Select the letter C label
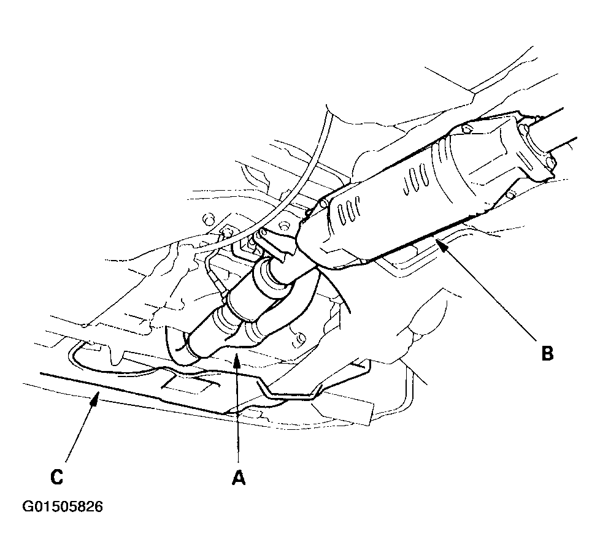pos(56,476)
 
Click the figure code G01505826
pos(63,507)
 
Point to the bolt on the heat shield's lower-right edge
pos(510,196)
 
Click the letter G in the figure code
pos(28,507)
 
